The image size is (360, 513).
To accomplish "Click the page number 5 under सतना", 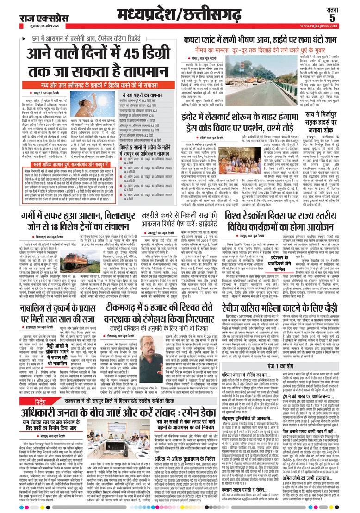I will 344,18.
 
